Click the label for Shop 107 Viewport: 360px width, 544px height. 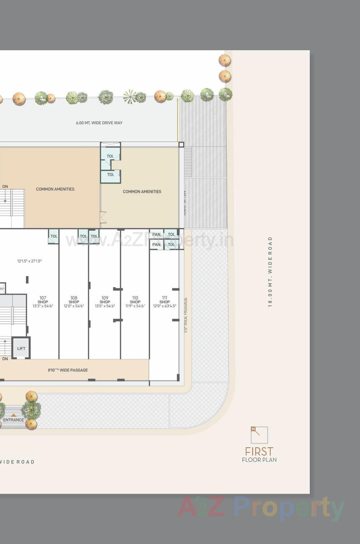(x=43, y=300)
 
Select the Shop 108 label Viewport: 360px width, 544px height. (x=74, y=300)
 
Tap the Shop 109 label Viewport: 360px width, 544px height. (x=105, y=300)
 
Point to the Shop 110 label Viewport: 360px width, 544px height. (x=135, y=300)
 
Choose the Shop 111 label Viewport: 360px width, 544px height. (x=164, y=300)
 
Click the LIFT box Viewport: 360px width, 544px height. (x=21, y=348)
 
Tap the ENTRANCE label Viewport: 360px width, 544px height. (x=13, y=420)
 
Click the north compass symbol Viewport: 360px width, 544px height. (x=259, y=435)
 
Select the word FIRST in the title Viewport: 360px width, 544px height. (x=259, y=451)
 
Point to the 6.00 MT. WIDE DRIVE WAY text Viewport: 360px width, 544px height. (x=99, y=123)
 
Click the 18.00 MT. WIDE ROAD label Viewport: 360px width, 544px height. (x=270, y=271)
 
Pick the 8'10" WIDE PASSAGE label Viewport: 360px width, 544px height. (x=68, y=370)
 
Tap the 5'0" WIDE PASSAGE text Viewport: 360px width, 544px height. (x=186, y=315)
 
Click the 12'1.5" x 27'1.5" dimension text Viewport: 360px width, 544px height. (x=29, y=261)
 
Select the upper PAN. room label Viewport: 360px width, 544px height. (x=157, y=234)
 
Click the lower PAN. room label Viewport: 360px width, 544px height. (x=157, y=245)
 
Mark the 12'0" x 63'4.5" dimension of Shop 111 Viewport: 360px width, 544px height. (x=164, y=306)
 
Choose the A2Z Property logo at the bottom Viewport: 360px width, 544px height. (x=261, y=507)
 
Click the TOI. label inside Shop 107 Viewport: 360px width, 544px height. (x=54, y=236)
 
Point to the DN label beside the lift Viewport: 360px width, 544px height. (x=5, y=359)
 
